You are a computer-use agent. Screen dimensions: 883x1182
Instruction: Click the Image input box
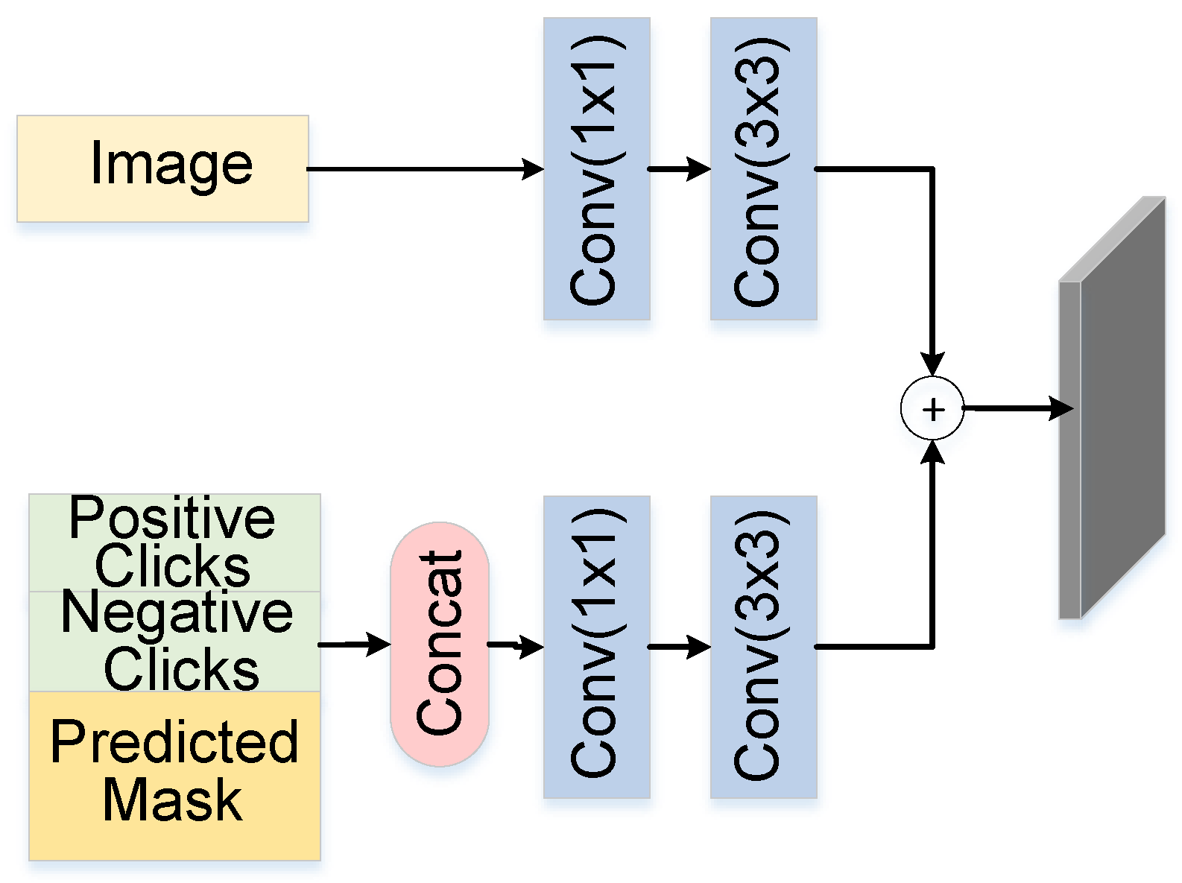(162, 168)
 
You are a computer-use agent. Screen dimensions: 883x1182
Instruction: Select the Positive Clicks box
(174, 542)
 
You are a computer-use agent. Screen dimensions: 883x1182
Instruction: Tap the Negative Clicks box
(174, 642)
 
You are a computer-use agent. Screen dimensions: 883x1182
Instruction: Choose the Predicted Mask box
(174, 775)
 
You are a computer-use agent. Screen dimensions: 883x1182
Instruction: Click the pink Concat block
(440, 644)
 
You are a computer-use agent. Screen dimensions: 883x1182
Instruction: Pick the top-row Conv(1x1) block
(596, 169)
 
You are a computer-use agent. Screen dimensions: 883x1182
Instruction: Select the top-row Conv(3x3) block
(763, 169)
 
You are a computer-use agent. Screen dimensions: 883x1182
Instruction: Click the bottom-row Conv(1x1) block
(596, 647)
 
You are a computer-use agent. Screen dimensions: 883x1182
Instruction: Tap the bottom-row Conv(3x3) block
(763, 647)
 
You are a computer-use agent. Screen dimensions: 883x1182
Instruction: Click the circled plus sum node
(932, 408)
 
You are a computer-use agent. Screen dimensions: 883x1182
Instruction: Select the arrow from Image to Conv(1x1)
(425, 169)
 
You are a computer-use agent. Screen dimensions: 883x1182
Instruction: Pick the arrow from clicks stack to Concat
(354, 644)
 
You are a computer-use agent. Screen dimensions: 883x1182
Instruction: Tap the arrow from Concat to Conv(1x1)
(516, 645)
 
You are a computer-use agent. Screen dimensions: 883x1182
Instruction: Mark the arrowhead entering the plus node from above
(932, 364)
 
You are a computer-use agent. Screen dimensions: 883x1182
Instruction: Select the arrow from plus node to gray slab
(1017, 408)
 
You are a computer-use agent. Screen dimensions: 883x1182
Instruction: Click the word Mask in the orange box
(173, 801)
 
